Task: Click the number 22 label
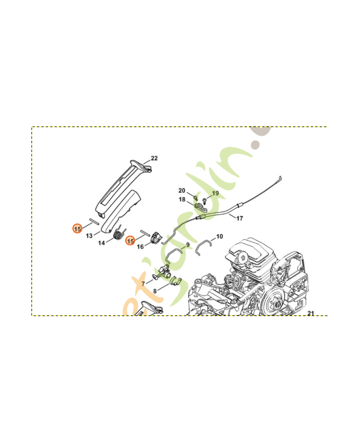[154, 158]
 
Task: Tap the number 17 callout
[240, 218]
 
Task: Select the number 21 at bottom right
[310, 313]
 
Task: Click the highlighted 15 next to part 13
[78, 228]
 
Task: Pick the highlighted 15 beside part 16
[130, 240]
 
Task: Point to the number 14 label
[102, 243]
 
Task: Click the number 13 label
[89, 235]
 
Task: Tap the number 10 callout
[219, 236]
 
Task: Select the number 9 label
[188, 245]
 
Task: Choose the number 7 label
[143, 283]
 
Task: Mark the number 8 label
[155, 291]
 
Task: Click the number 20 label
[182, 191]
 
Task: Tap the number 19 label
[215, 193]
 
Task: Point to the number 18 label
[182, 199]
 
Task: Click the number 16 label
[140, 246]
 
